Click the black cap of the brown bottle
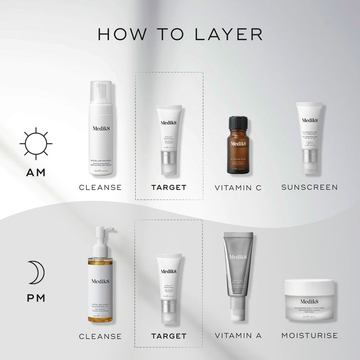[x=238, y=122]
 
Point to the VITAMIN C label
[x=238, y=187]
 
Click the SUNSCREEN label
[x=310, y=187]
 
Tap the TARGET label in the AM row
[x=169, y=187]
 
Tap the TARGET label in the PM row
[x=169, y=336]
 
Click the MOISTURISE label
[x=310, y=336]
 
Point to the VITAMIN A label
[x=238, y=336]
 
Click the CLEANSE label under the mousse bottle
[x=100, y=187]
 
